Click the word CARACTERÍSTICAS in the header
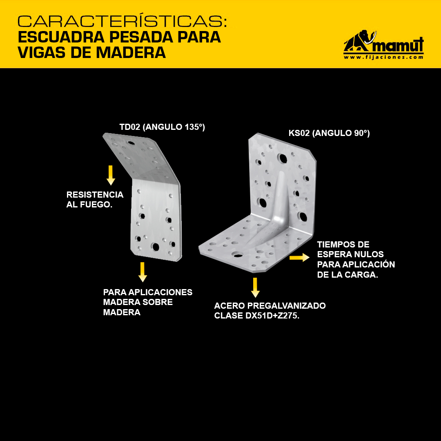[x=122, y=21]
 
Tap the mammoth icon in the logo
[x=360, y=41]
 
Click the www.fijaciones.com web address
[x=383, y=57]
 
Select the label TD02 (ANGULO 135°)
[x=162, y=127]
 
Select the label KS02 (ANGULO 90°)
[x=329, y=133]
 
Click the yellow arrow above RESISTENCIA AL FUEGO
[x=111, y=175]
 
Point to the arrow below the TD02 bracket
[x=143, y=272]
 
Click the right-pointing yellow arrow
[x=300, y=257]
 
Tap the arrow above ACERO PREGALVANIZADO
[x=255, y=287]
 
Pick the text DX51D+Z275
[x=272, y=316]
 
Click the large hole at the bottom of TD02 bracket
[x=155, y=247]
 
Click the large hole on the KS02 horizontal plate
[x=238, y=255]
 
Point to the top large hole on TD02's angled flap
[x=131, y=143]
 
